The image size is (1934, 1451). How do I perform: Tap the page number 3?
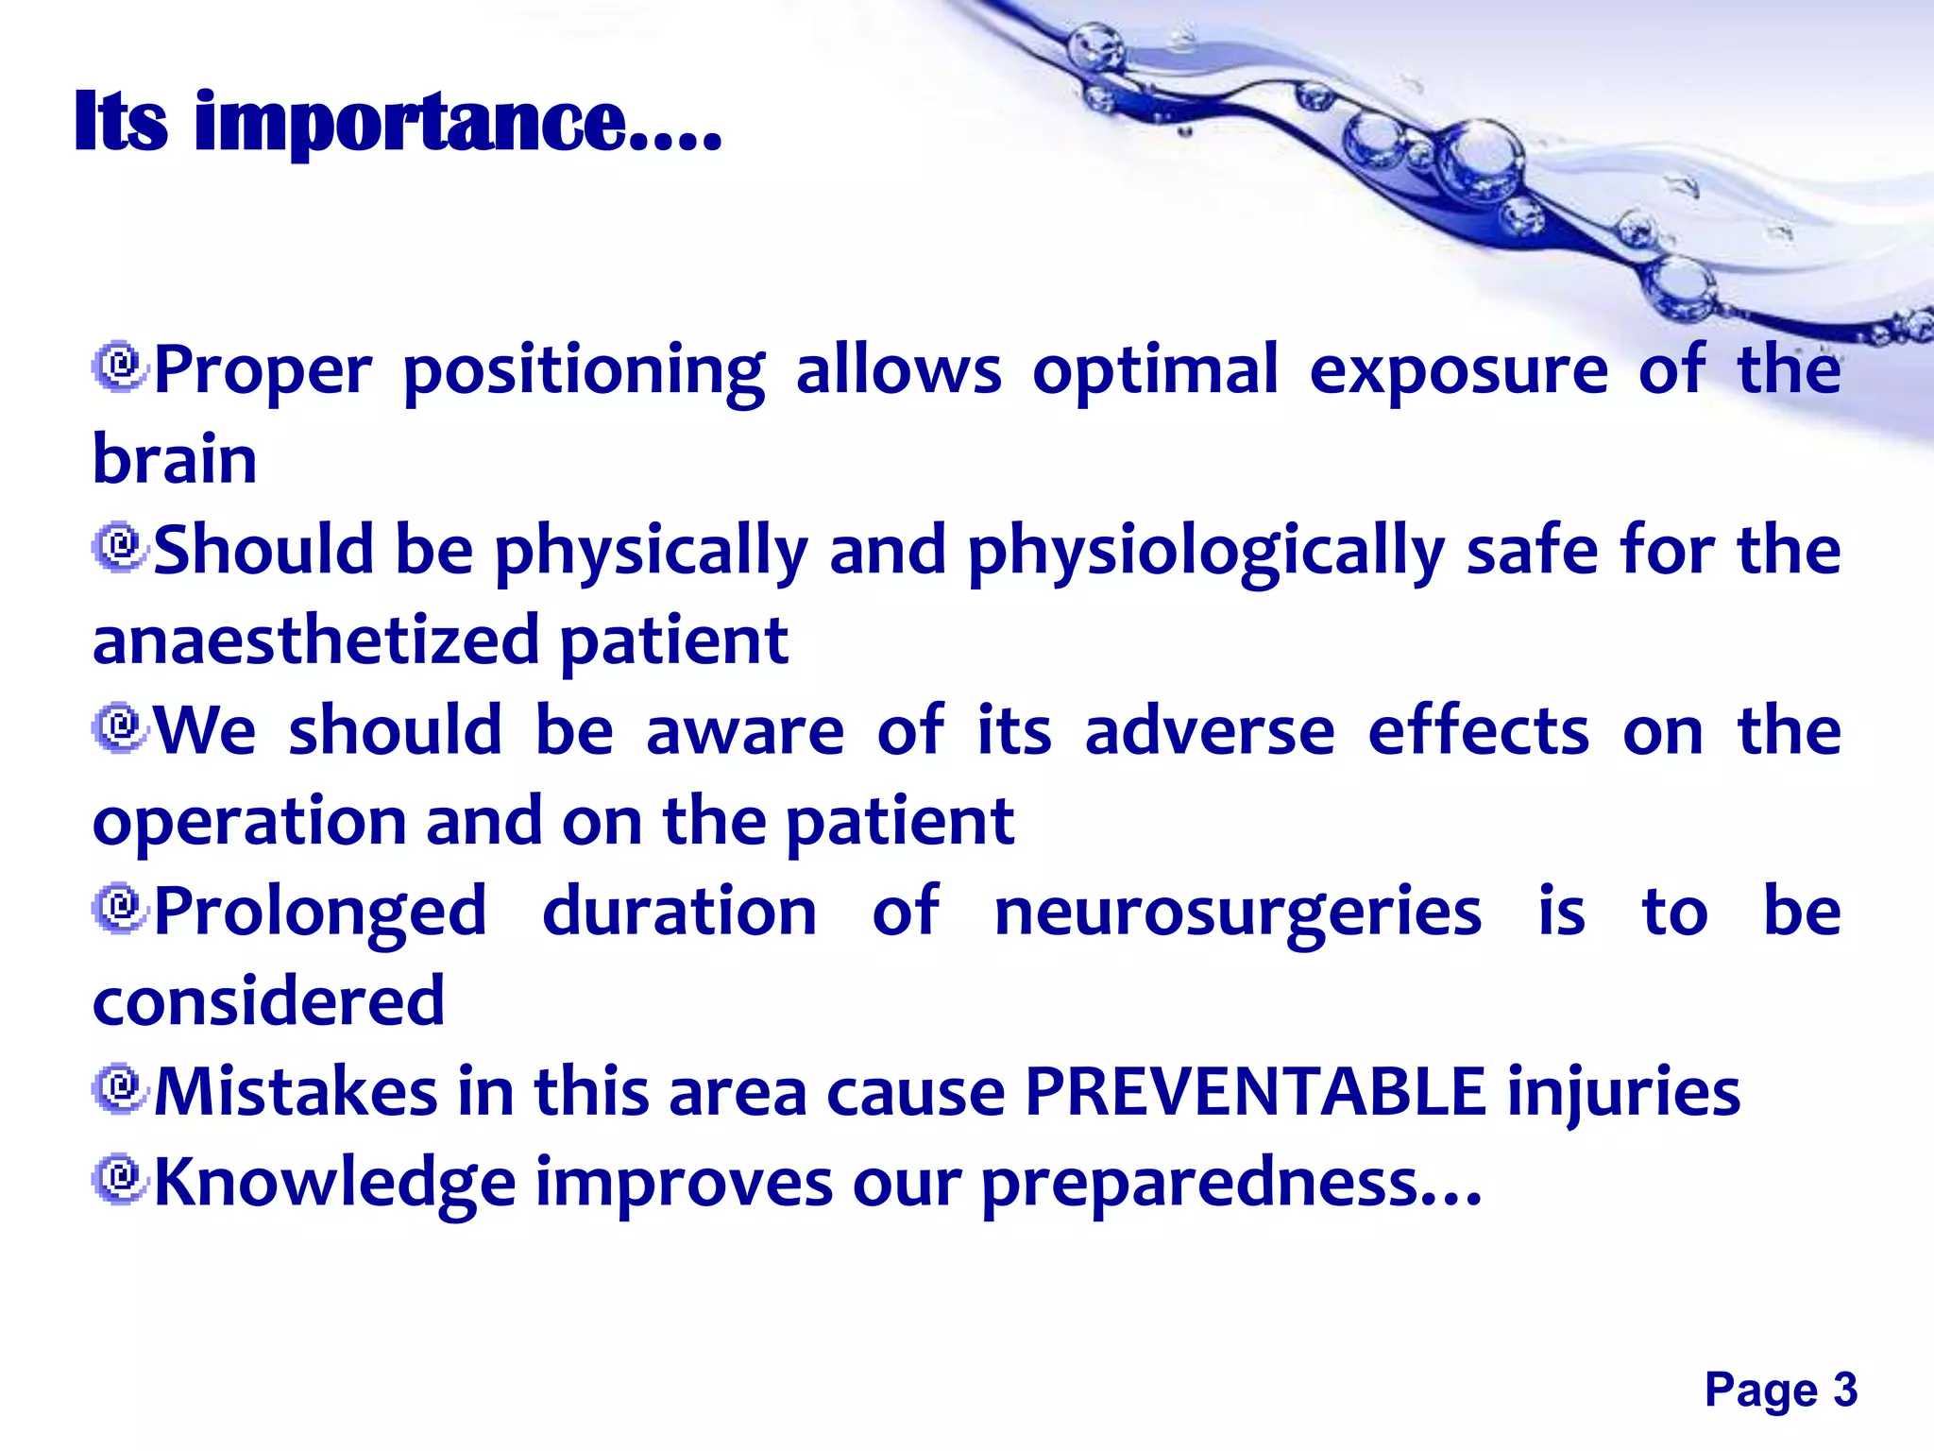click(x=1845, y=1390)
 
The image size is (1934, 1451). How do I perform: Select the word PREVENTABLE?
click(x=1255, y=1091)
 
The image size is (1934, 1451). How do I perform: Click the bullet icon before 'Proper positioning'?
click(x=120, y=367)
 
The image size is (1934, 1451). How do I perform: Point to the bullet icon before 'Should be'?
click(x=120, y=547)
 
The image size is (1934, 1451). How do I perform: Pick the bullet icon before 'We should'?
click(x=120, y=728)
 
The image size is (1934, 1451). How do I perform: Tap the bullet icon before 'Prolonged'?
click(x=120, y=910)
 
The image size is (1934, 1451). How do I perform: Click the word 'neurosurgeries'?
click(x=1238, y=913)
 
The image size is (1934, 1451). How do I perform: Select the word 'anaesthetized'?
click(x=315, y=640)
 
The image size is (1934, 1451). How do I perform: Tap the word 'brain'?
click(x=175, y=459)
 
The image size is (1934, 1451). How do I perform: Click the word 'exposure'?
click(x=1458, y=370)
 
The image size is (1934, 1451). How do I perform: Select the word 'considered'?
click(x=268, y=1001)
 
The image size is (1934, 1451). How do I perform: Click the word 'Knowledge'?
click(x=335, y=1183)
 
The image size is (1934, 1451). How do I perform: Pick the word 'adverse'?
click(x=1210, y=730)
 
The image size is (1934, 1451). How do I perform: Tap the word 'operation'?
click(x=249, y=822)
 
